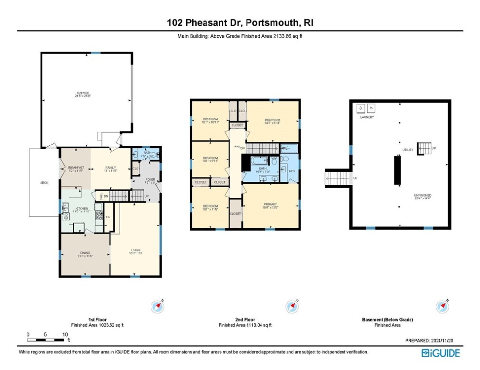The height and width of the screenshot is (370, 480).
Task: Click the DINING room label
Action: [85, 254]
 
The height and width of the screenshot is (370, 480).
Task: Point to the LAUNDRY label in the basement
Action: [367, 117]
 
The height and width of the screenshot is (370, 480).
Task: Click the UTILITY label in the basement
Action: [408, 150]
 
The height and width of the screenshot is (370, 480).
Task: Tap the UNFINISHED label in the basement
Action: [422, 196]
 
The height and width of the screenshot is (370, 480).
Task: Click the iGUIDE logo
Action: [440, 353]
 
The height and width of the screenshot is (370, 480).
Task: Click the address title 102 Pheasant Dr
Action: [240, 23]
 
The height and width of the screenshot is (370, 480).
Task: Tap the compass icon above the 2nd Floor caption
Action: [291, 306]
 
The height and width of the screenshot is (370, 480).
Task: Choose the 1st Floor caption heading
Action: [97, 320]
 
